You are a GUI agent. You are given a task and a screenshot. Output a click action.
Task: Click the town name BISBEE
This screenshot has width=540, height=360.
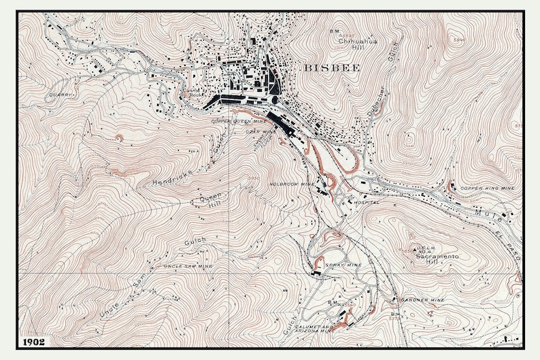[x=329, y=68]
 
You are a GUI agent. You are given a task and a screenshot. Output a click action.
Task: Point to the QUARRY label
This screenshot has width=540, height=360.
[x=61, y=95]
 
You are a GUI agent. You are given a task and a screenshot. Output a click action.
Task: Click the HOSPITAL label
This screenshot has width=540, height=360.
[x=365, y=203]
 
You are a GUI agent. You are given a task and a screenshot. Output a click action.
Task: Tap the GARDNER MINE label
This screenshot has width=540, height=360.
[x=422, y=299]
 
